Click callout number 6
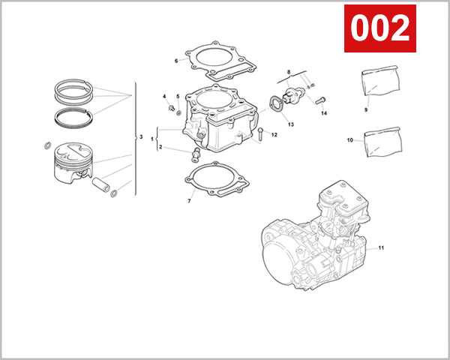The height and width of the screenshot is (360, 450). [176, 61]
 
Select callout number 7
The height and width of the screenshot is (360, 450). [190, 201]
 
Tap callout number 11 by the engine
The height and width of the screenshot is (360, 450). [381, 247]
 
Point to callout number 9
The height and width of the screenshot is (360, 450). [366, 109]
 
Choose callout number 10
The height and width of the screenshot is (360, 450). [349, 140]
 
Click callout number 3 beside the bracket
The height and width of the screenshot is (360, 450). [141, 136]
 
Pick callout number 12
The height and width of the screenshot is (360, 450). [274, 135]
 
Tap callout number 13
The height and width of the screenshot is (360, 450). [290, 124]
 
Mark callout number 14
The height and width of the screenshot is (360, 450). [325, 113]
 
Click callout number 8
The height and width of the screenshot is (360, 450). [288, 71]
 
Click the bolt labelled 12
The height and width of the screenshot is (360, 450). [259, 135]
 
